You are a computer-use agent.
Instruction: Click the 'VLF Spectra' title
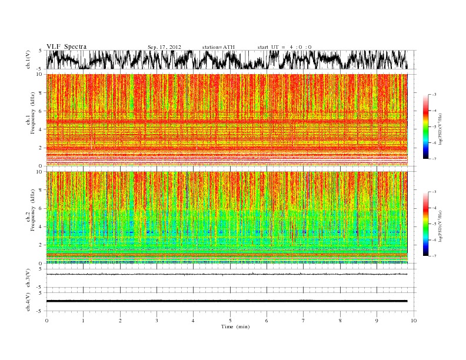coord(66,46)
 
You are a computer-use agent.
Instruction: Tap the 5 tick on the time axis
coord(230,321)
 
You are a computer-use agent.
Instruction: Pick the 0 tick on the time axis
coord(46,321)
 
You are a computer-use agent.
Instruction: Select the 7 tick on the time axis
coord(304,321)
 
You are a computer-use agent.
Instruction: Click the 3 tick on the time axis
coord(157,321)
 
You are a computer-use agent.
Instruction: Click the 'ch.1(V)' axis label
coord(28,60)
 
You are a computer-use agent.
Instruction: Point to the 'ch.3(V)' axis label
coord(28,279)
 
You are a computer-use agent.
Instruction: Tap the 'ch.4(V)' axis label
coord(28,301)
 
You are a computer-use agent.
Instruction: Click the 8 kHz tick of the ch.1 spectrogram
coord(41,92)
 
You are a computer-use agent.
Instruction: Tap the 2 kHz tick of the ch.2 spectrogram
coord(41,245)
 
